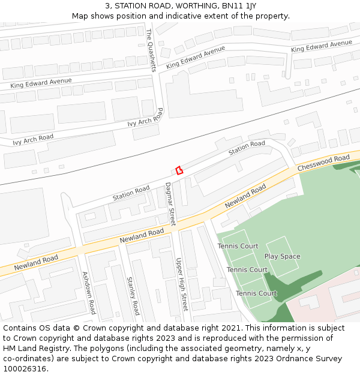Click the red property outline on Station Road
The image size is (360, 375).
178,170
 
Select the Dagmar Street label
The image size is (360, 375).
170,203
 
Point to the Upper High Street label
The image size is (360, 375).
181,284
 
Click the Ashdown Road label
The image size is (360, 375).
89,292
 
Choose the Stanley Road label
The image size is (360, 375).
133,295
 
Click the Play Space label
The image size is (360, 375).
282,257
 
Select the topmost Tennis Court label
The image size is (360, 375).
238,247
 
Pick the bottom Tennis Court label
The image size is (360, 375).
256,293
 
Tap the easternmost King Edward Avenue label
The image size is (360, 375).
321,46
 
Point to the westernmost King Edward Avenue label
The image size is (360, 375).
41,83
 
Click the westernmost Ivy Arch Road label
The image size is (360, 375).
33,140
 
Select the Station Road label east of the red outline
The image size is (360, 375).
246,147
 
